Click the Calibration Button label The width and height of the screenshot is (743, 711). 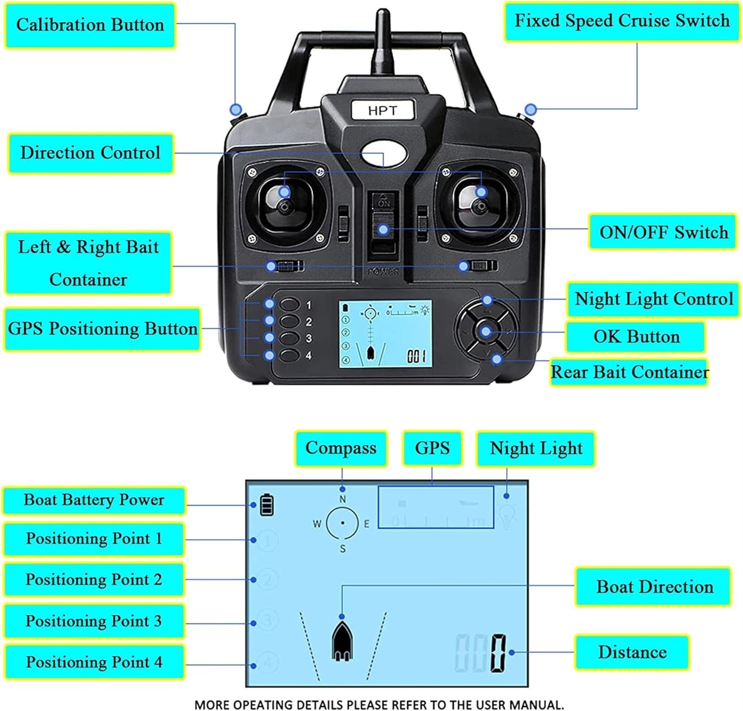point(90,25)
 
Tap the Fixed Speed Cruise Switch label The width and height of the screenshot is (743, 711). point(622,21)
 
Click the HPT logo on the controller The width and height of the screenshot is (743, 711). point(382,111)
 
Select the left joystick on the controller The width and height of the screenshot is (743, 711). point(284,206)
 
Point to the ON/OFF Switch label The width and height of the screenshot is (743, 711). point(663,232)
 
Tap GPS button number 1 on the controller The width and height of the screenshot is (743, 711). point(290,304)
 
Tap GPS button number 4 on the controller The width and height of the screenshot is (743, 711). point(290,355)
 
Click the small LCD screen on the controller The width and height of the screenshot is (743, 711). point(385,334)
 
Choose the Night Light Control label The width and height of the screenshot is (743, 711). point(653,299)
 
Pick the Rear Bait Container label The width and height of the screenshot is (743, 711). point(630,372)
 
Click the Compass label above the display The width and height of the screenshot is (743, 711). point(341,448)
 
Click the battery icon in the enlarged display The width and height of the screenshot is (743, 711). point(266,504)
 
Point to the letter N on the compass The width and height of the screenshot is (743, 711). point(342,499)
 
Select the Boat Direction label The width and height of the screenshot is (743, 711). point(654,587)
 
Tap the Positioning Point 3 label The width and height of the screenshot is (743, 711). point(94,621)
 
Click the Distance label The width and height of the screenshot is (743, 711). point(632,652)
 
